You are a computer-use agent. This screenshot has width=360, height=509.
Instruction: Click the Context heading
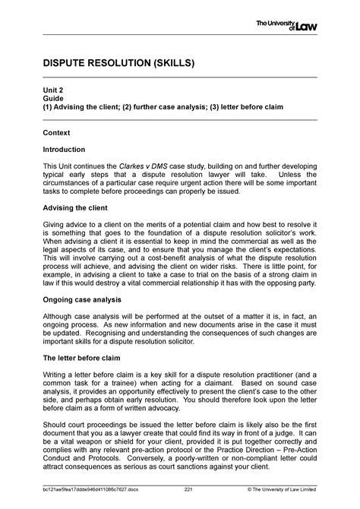tap(56, 132)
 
